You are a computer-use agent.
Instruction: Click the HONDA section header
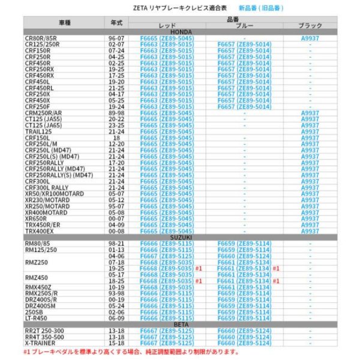(180, 31)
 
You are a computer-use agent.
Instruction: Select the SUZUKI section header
(180, 236)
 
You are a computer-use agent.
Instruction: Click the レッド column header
(166, 26)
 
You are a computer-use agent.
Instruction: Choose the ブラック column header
(310, 26)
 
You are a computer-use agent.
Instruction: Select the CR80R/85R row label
(42, 37)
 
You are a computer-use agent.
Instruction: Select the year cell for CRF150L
(116, 137)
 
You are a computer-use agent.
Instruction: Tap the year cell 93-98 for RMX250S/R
(116, 293)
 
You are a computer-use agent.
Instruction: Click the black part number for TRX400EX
(310, 231)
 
